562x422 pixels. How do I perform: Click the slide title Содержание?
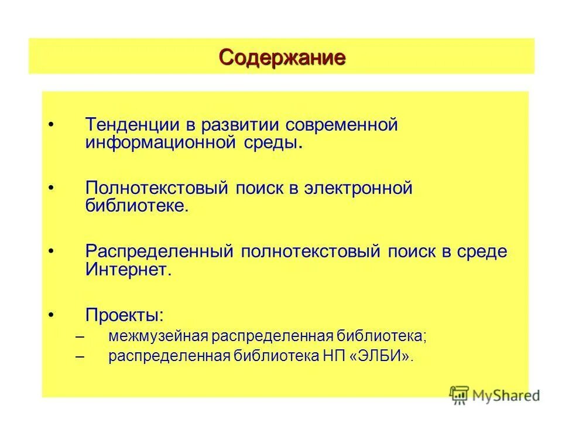[x=282, y=57]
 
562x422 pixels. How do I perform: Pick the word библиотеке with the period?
[x=138, y=206]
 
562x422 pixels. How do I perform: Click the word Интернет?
[x=129, y=269]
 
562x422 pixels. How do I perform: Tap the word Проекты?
[x=125, y=315]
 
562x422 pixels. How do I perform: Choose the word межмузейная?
[x=158, y=337]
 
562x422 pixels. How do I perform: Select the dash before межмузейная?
[x=80, y=338]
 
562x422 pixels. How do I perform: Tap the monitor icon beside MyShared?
[x=460, y=395]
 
